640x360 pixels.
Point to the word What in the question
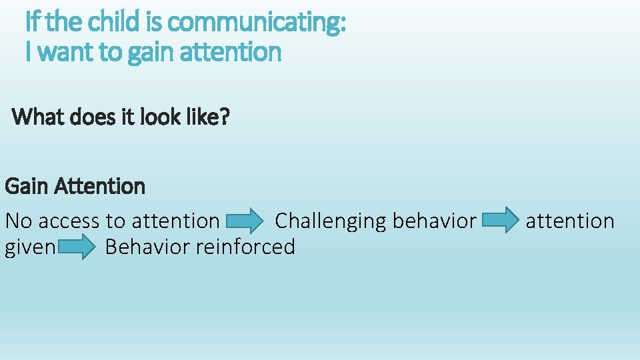coord(38,117)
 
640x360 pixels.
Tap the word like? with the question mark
coord(207,117)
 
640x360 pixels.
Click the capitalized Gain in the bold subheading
coord(27,186)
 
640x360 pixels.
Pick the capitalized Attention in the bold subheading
coord(100,186)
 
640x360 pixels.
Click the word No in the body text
coord(17,221)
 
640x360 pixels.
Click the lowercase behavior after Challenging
coord(435,221)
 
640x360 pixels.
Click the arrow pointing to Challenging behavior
coord(245,220)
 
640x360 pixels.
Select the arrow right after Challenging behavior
coord(501,220)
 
